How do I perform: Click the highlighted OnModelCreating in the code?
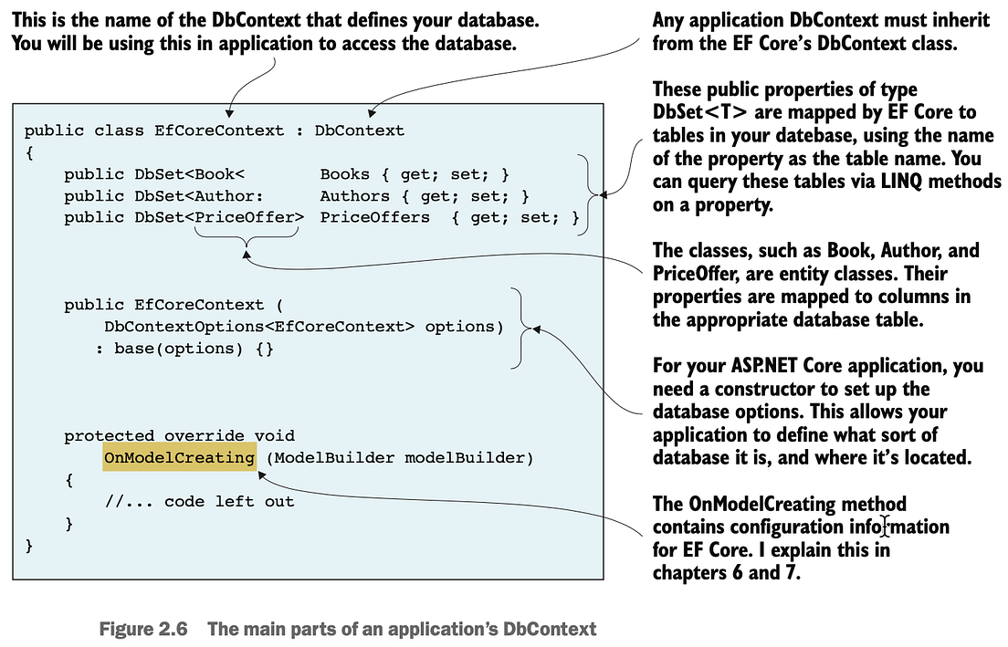(x=179, y=457)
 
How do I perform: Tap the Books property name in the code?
(x=344, y=174)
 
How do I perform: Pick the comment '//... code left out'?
(x=200, y=501)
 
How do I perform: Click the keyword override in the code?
(x=202, y=436)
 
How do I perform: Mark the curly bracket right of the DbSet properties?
(x=589, y=194)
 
